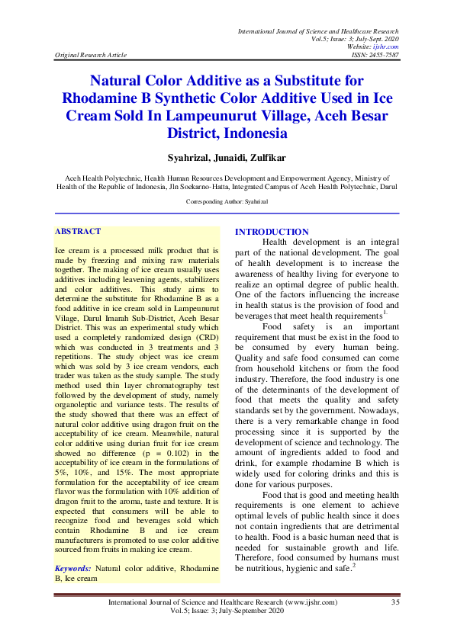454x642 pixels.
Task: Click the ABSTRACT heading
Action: pyautogui.click(x=78, y=231)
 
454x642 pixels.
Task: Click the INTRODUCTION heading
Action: pyautogui.click(x=272, y=232)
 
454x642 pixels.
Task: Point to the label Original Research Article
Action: pyautogui.click(x=91, y=55)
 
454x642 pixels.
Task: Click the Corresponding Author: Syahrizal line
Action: pyautogui.click(x=227, y=201)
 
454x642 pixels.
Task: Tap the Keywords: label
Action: pyautogui.click(x=73, y=569)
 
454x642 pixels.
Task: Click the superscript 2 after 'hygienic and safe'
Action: pyautogui.click(x=355, y=565)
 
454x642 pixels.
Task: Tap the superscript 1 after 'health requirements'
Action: pyautogui.click(x=385, y=312)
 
